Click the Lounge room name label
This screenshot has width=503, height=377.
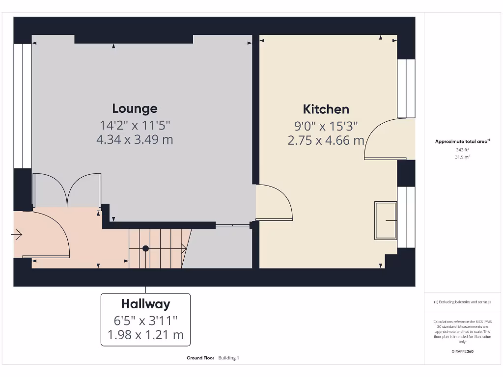(135, 108)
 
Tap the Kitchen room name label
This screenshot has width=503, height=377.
(326, 109)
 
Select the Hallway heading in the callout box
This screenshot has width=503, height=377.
(145, 304)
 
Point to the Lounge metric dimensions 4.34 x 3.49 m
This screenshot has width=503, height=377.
(135, 139)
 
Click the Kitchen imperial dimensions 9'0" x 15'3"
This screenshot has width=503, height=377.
(326, 126)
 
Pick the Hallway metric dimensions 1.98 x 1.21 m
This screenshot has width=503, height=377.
(145, 335)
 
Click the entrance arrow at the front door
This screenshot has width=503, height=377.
(17, 235)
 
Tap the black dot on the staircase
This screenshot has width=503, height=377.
(145, 248)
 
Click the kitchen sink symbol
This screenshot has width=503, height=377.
(386, 221)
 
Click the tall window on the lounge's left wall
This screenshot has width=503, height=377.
(22, 106)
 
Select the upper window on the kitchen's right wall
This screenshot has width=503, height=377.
(406, 88)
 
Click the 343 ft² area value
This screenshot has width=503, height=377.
(463, 149)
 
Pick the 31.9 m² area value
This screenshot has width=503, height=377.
(463, 157)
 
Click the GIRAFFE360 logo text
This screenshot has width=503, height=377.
(463, 351)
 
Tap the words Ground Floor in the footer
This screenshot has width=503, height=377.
(200, 358)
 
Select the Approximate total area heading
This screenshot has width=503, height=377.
(462, 141)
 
